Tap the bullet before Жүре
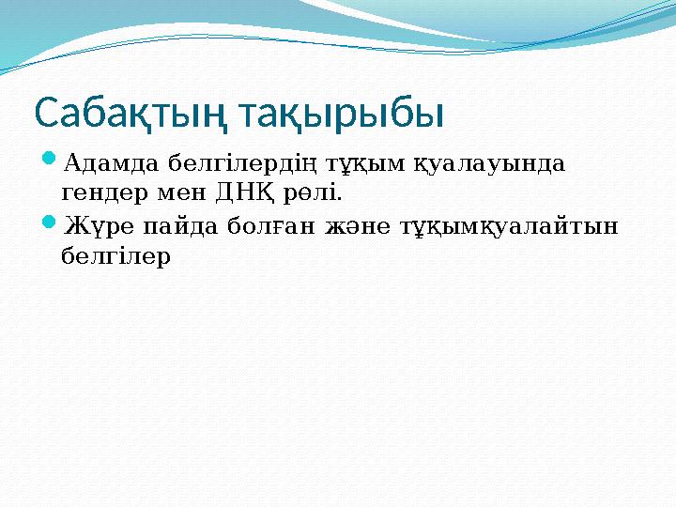[x=51, y=226]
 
